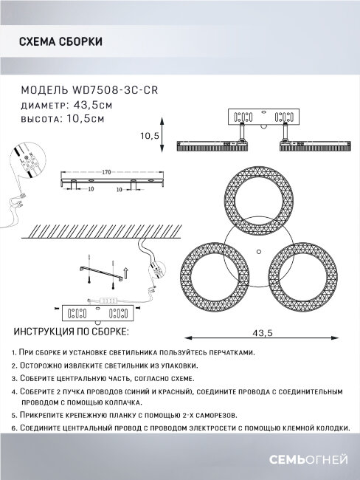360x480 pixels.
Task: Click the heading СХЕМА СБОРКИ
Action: click(x=60, y=41)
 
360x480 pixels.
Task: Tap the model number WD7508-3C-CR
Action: click(x=114, y=90)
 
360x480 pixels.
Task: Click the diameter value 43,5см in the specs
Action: click(x=93, y=105)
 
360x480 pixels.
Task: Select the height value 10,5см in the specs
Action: click(x=86, y=118)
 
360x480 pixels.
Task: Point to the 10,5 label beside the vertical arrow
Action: click(x=150, y=136)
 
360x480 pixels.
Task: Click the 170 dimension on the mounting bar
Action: click(x=106, y=172)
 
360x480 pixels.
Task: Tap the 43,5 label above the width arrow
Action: click(x=263, y=333)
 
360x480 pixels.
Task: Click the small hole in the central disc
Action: click(x=259, y=252)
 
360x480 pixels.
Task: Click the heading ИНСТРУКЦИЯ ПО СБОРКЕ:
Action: click(x=72, y=332)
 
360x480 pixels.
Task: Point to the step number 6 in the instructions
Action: click(x=14, y=428)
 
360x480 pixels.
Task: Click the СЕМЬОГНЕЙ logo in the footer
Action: click(x=308, y=460)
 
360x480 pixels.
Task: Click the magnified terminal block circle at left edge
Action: click(x=27, y=160)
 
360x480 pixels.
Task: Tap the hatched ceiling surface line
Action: click(x=102, y=238)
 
